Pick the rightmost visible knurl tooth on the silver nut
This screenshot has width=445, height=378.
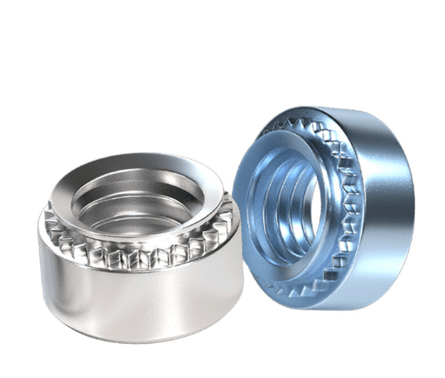tap(228, 218)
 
